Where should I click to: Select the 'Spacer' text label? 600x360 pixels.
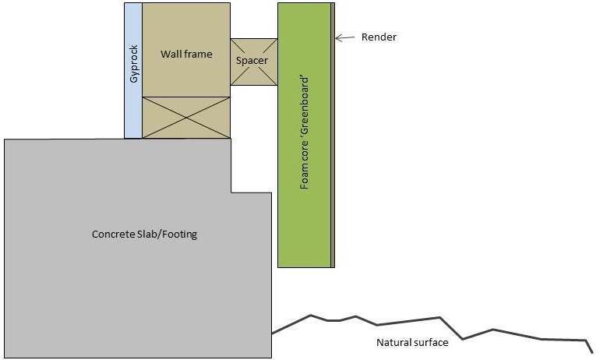[x=252, y=60]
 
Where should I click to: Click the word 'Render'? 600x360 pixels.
[x=379, y=37]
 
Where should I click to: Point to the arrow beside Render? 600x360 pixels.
[x=346, y=37]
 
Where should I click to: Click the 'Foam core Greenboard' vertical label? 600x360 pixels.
[x=305, y=134]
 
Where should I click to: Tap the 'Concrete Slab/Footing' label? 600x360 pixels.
[x=144, y=234]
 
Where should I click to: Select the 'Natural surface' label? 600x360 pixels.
[x=412, y=342]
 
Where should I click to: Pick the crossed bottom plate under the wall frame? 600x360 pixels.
[x=186, y=118]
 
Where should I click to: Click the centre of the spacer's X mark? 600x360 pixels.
[x=254, y=62]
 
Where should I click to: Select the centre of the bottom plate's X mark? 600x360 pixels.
[x=186, y=118]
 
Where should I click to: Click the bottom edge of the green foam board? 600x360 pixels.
[x=304, y=267]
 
